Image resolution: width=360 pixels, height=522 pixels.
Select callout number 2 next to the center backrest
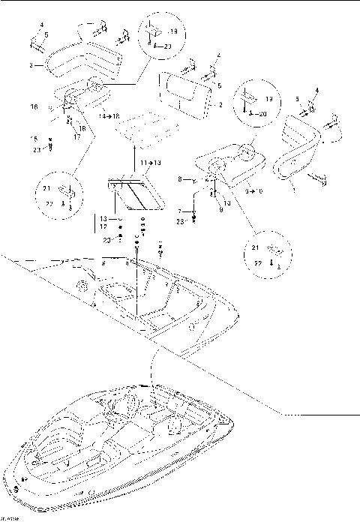coord(220,106)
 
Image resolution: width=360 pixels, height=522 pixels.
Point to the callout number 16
coord(34,108)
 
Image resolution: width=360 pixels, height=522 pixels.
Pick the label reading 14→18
coord(110,117)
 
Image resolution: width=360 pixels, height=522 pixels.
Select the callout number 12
coord(103,226)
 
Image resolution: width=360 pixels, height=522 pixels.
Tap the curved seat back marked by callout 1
coord(298,150)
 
